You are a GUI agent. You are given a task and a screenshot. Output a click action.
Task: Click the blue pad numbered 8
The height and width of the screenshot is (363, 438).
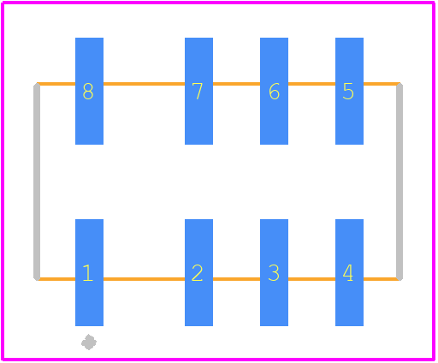pyautogui.click(x=89, y=91)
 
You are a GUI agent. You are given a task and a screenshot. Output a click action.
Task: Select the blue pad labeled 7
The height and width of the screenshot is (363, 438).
pyautogui.click(x=198, y=91)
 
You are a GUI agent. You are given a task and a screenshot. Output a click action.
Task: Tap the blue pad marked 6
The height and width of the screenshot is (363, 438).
pyautogui.click(x=274, y=91)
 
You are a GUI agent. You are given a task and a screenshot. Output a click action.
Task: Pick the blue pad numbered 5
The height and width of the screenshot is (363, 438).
pyautogui.click(x=349, y=91)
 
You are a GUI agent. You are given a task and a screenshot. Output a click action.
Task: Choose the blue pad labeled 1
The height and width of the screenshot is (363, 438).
pyautogui.click(x=89, y=272)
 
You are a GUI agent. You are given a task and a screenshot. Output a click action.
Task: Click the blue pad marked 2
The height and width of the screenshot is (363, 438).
pyautogui.click(x=198, y=272)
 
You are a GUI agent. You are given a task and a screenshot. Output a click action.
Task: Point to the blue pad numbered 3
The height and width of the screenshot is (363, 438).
pyautogui.click(x=274, y=272)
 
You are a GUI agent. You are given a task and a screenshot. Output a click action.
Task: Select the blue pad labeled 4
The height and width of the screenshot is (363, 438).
pyautogui.click(x=349, y=272)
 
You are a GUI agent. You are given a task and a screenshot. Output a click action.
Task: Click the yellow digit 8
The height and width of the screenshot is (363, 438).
pyautogui.click(x=88, y=92)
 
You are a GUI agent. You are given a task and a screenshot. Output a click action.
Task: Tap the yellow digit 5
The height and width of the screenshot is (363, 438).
pyautogui.click(x=348, y=92)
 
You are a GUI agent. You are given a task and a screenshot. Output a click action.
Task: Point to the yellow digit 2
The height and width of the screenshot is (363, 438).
pyautogui.click(x=197, y=273)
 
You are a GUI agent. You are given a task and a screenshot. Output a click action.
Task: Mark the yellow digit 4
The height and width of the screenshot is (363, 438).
pyautogui.click(x=348, y=273)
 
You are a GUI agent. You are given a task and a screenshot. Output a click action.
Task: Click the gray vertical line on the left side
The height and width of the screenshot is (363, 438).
pyautogui.click(x=37, y=181)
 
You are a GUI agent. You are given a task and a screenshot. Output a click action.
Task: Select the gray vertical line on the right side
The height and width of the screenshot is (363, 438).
pyautogui.click(x=400, y=181)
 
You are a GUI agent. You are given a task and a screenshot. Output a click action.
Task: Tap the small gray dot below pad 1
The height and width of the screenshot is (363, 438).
pyautogui.click(x=89, y=342)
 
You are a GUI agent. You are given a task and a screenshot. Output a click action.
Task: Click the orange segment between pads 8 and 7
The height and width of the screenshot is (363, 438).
pyautogui.click(x=144, y=84)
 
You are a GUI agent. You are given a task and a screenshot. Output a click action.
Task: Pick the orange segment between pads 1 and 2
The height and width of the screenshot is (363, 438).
pyautogui.click(x=144, y=279)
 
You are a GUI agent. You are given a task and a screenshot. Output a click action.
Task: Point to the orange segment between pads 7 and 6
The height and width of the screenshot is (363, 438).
pyautogui.click(x=236, y=84)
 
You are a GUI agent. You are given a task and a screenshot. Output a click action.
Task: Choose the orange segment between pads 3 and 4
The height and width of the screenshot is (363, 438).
pyautogui.click(x=311, y=279)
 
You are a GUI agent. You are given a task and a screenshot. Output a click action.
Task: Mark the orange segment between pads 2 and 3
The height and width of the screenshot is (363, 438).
pyautogui.click(x=236, y=279)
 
